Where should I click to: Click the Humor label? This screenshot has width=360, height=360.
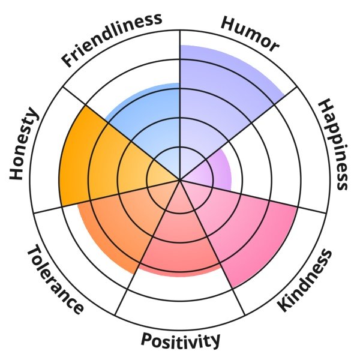tap(250, 33)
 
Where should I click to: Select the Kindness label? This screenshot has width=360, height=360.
tap(305, 281)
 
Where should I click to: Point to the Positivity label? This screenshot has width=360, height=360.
tap(180, 341)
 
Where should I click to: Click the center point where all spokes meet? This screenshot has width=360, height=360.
tap(180, 179)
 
